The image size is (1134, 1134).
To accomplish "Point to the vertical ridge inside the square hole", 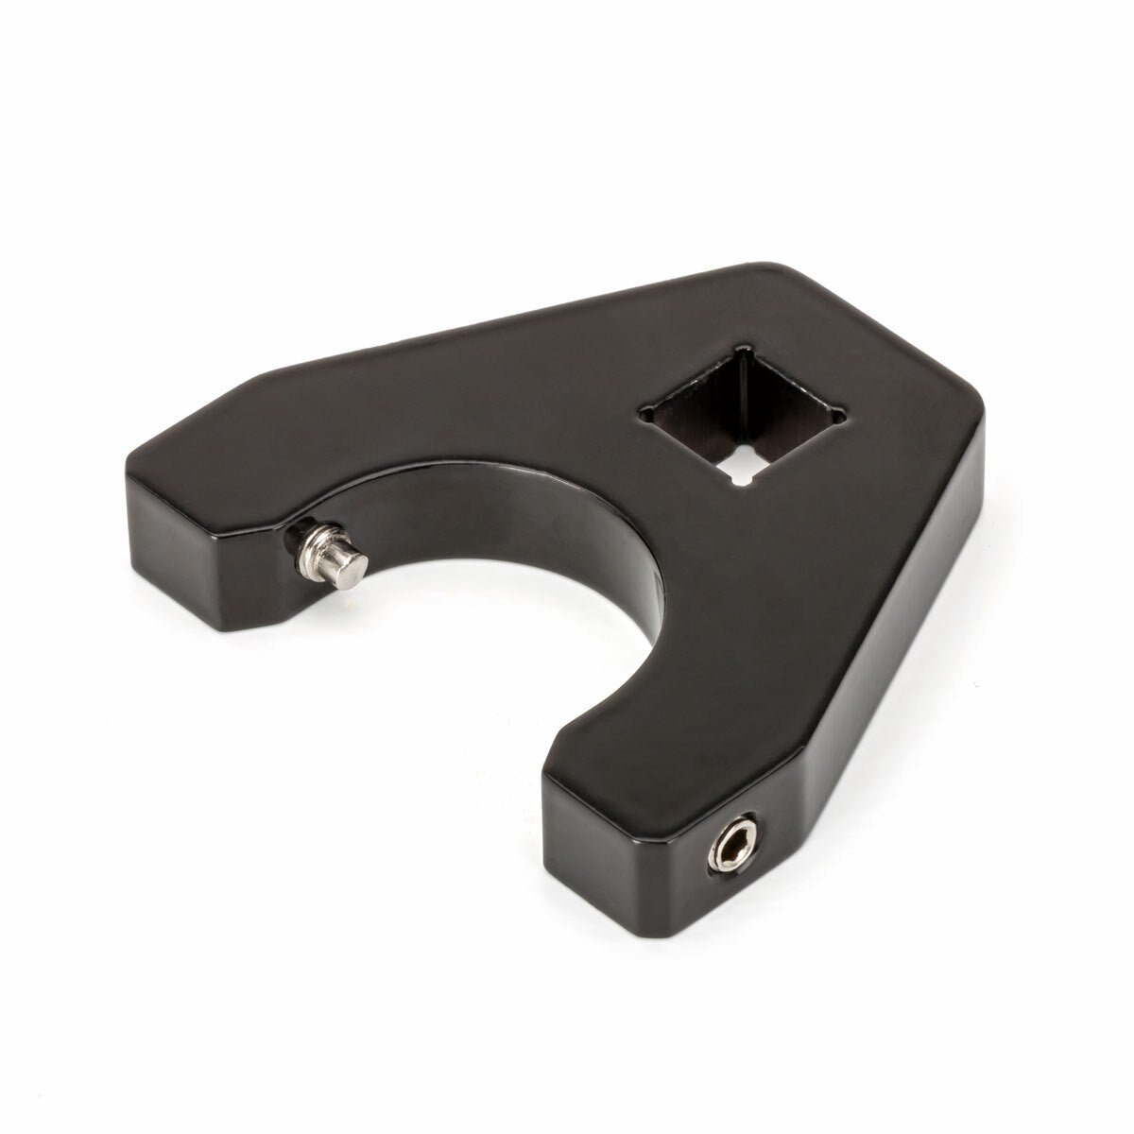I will (x=747, y=406).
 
